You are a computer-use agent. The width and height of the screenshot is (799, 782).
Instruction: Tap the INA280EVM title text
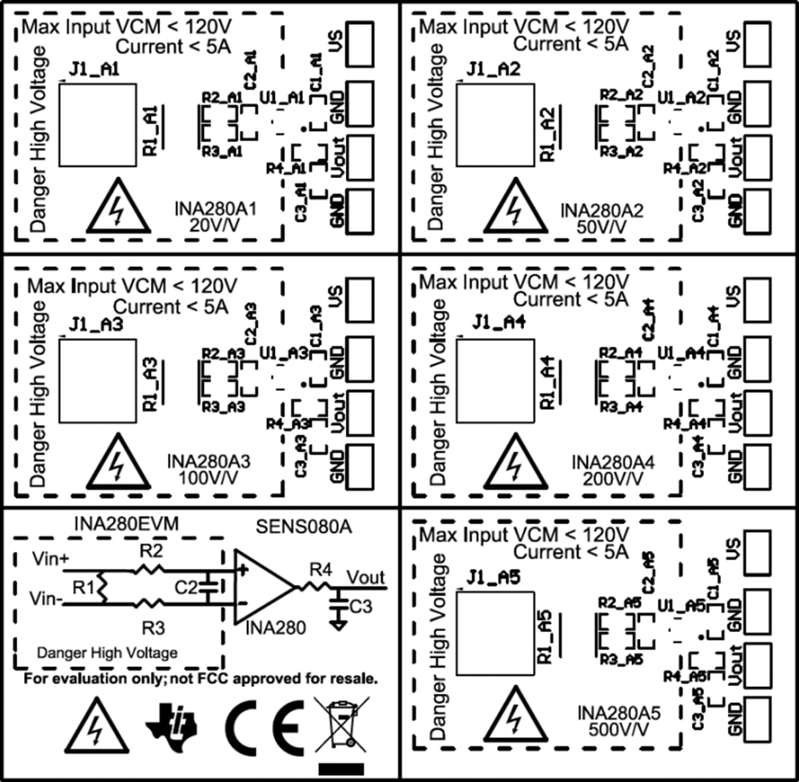[x=125, y=524]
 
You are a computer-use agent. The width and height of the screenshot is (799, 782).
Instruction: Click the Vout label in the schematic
[x=365, y=577]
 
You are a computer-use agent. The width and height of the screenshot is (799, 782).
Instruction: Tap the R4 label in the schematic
[x=320, y=570]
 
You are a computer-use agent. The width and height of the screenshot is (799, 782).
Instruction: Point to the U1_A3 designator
[x=284, y=352]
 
